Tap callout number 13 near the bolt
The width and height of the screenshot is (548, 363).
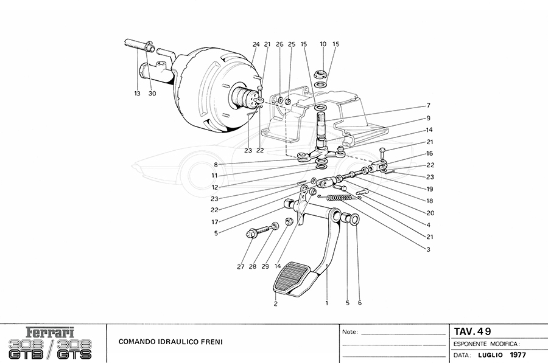click(138, 93)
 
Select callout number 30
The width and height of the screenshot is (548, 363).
click(152, 93)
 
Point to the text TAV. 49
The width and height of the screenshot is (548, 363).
click(472, 331)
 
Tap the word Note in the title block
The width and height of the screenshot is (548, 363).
click(349, 333)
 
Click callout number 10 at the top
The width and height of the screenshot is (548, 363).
click(323, 44)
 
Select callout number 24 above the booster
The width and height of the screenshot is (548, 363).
click(256, 44)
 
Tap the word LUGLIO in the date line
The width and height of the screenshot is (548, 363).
click(491, 355)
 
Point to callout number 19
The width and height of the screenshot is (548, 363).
click(430, 189)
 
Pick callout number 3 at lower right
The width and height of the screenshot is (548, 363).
click(428, 249)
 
